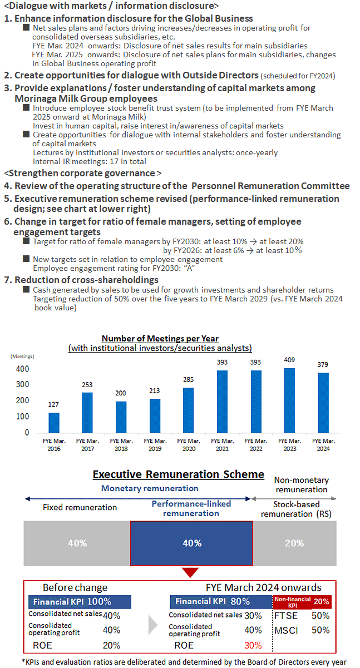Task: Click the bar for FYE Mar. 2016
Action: [54, 423]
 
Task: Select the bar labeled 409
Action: [289, 400]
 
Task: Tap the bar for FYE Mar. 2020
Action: [188, 410]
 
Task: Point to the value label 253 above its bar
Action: [87, 385]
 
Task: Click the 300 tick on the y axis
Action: [22, 384]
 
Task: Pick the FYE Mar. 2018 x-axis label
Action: [121, 444]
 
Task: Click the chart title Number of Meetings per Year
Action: [160, 339]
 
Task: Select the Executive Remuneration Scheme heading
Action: [179, 474]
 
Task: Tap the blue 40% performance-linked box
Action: [191, 543]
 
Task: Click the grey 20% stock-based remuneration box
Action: [295, 543]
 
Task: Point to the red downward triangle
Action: [190, 572]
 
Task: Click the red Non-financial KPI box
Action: [302, 601]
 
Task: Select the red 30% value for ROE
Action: [253, 645]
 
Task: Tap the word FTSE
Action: [286, 616]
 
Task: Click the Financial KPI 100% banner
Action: [80, 602]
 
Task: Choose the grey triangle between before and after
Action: [152, 625]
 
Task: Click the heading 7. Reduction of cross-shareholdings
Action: [81, 280]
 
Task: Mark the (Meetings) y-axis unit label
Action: [22, 357]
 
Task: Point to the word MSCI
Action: [286, 630]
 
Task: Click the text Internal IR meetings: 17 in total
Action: [90, 162]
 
